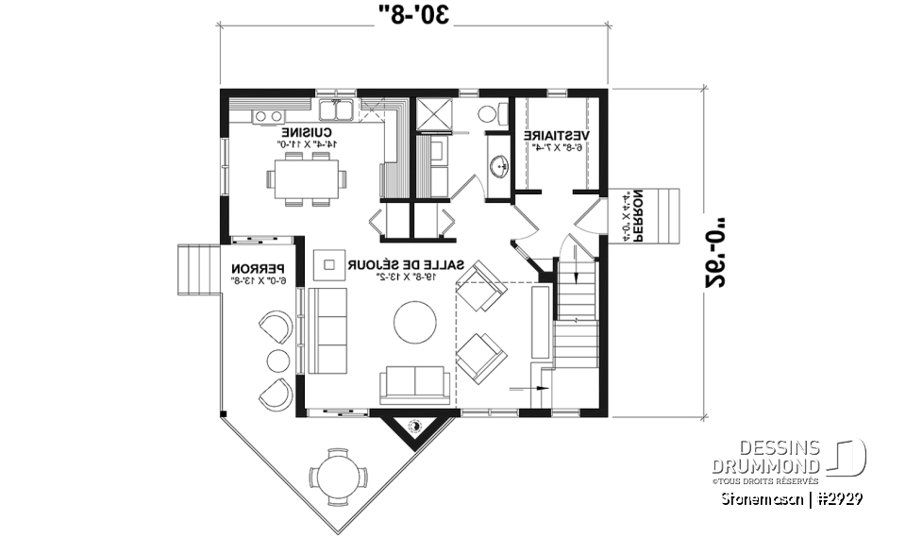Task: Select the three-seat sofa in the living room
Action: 327,331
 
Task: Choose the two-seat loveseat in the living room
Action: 415,385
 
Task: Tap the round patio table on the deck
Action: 336,469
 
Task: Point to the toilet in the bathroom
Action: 487,113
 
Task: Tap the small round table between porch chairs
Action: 277,360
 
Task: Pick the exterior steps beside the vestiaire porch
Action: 665,215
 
